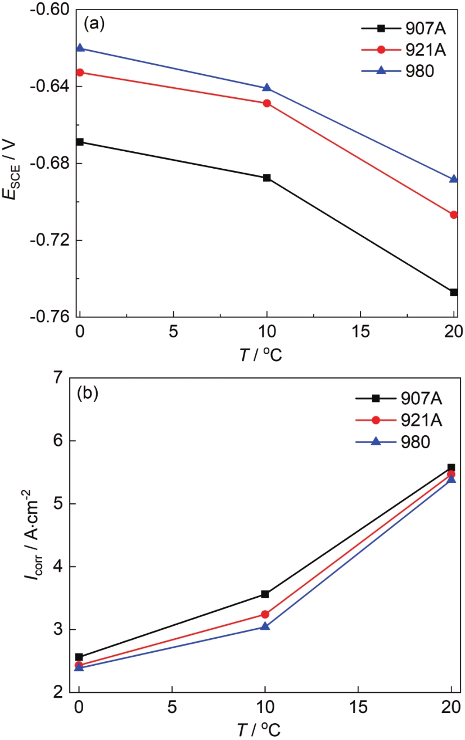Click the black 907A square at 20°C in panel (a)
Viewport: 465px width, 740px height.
click(x=454, y=292)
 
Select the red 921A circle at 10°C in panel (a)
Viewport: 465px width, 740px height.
click(x=267, y=103)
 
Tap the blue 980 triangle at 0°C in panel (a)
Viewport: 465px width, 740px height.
click(x=80, y=48)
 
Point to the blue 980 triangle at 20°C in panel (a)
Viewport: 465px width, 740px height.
click(x=454, y=179)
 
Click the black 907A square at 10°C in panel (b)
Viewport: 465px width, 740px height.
click(x=265, y=594)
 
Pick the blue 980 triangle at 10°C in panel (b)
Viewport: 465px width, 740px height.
click(x=265, y=626)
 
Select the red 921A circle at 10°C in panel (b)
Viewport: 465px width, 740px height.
click(x=265, y=614)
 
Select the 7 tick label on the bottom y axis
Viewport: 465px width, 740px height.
click(x=58, y=378)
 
